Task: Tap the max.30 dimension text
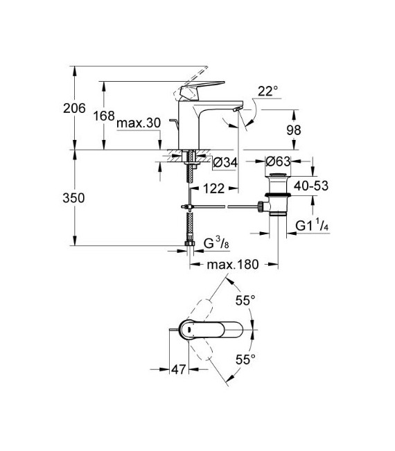139,123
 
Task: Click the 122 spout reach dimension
214,188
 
